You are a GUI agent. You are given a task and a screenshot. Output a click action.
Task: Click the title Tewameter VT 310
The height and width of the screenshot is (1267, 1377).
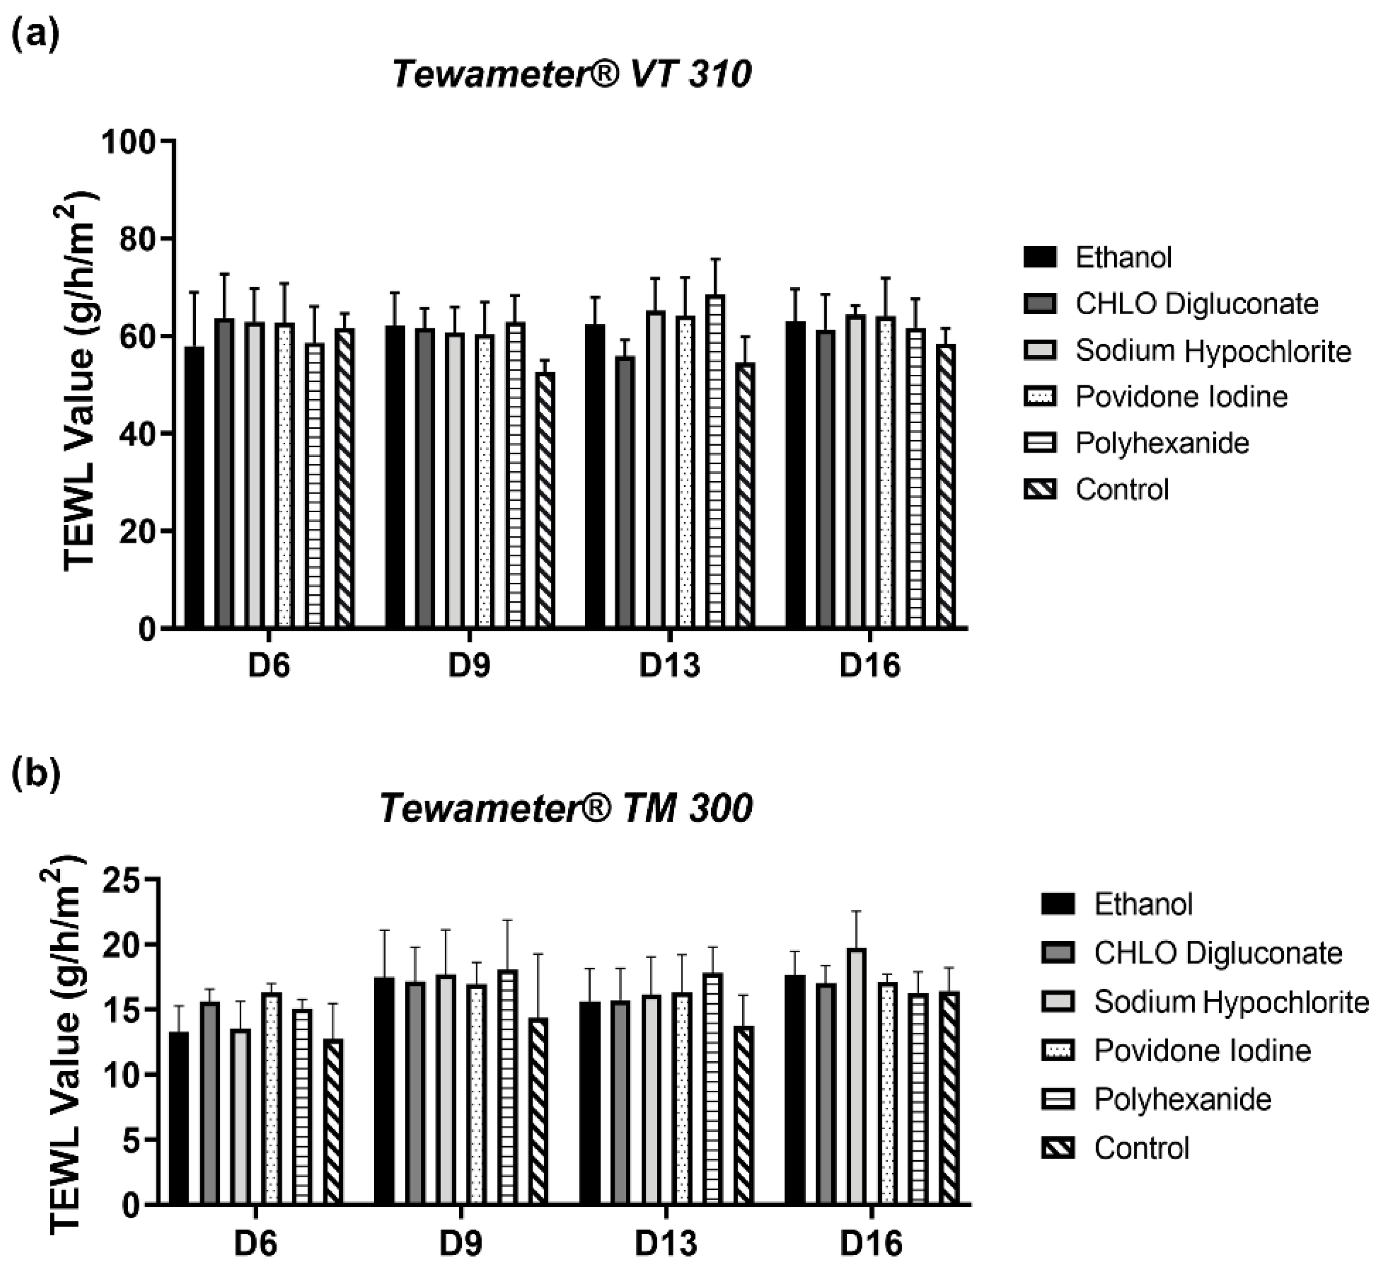click(x=572, y=74)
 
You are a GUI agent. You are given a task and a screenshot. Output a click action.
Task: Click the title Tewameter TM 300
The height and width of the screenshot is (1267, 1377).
click(x=566, y=808)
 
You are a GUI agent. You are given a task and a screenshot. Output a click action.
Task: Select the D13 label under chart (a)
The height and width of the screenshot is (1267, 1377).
click(x=669, y=666)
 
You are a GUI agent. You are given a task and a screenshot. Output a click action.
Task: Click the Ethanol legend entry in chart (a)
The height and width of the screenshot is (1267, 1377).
click(x=1123, y=258)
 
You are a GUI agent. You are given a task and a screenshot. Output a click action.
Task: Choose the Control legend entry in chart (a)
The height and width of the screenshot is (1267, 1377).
click(x=1122, y=489)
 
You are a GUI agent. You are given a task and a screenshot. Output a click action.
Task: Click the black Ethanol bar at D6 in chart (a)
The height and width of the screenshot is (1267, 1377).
click(x=195, y=487)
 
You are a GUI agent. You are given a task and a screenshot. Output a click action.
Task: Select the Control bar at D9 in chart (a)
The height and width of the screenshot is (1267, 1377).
click(x=546, y=500)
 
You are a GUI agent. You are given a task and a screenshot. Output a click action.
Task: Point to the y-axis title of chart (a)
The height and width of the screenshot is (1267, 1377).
click(x=81, y=381)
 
